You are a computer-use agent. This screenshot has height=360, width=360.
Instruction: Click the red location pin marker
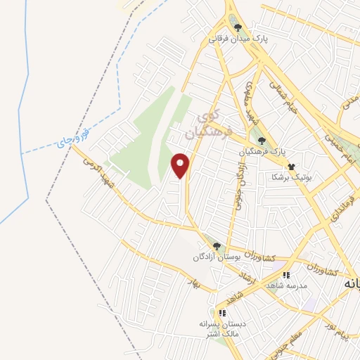click(181, 165)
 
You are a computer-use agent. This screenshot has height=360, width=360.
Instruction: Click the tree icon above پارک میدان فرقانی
click(238, 29)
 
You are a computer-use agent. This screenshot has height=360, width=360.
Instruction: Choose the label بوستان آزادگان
click(217, 257)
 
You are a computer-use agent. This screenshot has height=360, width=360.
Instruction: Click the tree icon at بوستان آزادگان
click(217, 246)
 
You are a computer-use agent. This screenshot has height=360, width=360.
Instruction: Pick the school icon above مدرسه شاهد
click(285, 275)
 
